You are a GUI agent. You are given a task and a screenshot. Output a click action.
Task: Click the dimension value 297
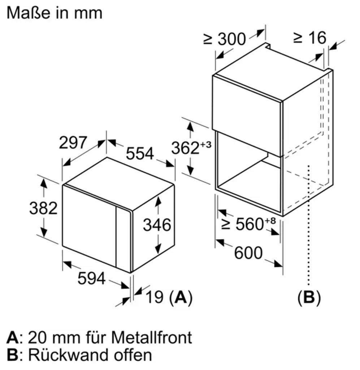[73, 143]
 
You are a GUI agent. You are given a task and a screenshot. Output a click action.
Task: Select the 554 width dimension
[140, 153]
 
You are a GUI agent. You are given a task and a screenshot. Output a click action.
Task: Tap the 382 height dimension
[43, 208]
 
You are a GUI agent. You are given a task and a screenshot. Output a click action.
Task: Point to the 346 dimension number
[157, 225]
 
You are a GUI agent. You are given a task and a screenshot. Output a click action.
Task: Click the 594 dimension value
[91, 278]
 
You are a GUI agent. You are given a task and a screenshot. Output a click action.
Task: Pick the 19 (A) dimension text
[169, 297]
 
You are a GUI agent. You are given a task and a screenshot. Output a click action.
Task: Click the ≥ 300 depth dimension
[225, 39]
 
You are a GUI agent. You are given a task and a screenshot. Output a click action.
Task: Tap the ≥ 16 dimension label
[310, 38]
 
